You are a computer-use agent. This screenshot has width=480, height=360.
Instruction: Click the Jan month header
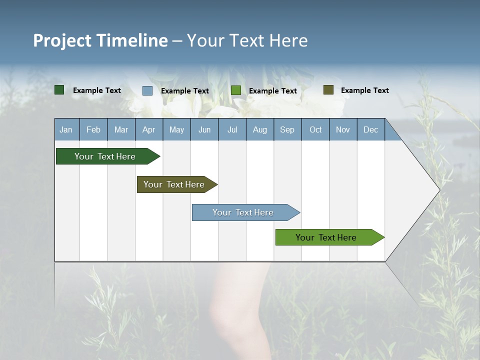point(66,129)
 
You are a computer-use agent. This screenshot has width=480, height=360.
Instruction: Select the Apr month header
point(148,129)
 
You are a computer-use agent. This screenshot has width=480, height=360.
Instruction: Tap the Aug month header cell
point(259,129)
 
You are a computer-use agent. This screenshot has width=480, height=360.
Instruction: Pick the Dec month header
point(370,129)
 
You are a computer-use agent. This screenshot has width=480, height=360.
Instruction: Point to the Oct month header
point(315,129)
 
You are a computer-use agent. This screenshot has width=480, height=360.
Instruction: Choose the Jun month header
point(204,129)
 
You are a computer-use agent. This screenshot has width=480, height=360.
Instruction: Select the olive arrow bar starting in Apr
point(175,184)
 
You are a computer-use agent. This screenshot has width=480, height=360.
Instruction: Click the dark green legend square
point(59,90)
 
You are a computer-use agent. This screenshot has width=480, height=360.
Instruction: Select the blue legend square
point(147,90)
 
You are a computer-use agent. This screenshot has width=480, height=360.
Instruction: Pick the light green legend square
point(236,90)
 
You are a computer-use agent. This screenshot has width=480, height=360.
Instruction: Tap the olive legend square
point(328,90)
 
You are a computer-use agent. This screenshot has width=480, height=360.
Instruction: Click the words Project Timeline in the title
point(100,40)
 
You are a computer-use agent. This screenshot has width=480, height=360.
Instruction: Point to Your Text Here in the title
point(247,40)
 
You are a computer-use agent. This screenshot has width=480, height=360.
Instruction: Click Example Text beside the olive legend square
point(364,90)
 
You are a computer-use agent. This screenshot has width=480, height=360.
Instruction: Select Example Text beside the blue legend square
point(184,90)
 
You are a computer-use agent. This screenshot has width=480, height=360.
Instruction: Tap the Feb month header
point(93,129)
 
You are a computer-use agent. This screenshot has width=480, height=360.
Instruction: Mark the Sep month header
point(287,129)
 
